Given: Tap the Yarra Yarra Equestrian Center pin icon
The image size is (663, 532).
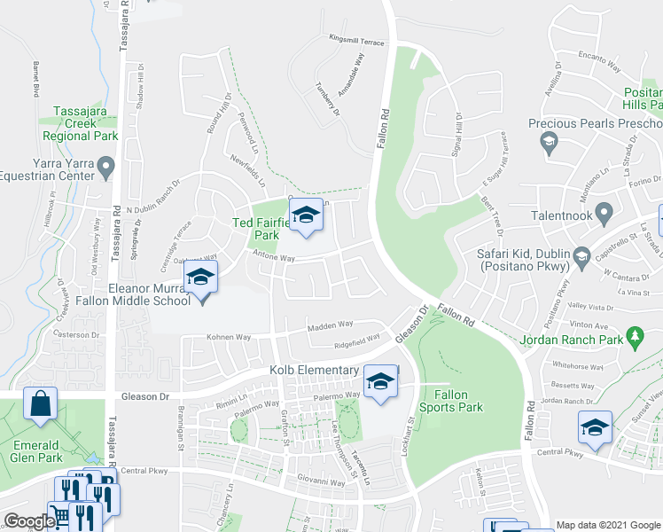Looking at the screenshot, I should (x=106, y=166).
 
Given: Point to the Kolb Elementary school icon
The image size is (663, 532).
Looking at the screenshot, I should (x=381, y=382).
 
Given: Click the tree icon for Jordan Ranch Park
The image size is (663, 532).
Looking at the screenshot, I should (x=634, y=336).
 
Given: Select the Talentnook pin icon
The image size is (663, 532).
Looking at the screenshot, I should (x=604, y=213).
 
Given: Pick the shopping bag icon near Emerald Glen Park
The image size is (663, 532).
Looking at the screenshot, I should (x=41, y=404).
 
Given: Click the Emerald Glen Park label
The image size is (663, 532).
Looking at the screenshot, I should (x=35, y=451).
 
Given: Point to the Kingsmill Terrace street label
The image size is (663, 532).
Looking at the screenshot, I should (x=356, y=41).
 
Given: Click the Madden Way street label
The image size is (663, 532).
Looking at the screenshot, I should (x=330, y=325).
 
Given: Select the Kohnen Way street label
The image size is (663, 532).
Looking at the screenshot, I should (x=229, y=338).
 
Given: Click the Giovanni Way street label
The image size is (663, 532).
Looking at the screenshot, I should (x=321, y=483).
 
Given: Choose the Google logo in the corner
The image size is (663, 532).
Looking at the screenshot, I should (x=28, y=521).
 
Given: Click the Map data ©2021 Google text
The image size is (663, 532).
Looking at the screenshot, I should (x=608, y=524).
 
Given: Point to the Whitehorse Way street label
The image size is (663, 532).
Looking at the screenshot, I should (x=578, y=365).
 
